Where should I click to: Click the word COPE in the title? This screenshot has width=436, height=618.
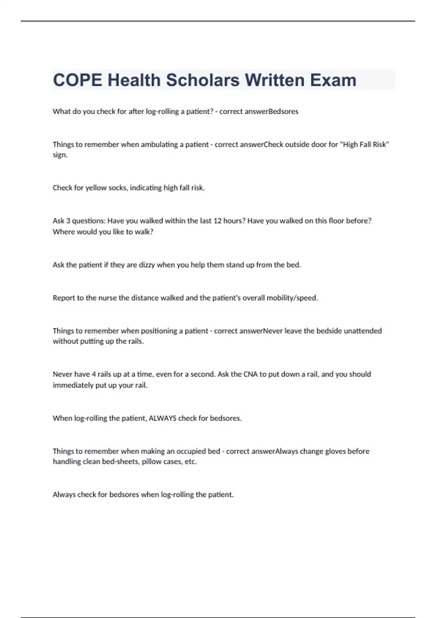(x=77, y=80)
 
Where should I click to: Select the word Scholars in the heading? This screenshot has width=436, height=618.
(x=203, y=80)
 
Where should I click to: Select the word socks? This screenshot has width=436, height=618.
(x=118, y=188)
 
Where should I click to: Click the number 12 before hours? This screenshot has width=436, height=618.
(x=217, y=221)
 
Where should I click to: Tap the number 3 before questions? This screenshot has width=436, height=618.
(x=68, y=221)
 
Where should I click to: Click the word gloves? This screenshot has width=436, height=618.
(x=335, y=452)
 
